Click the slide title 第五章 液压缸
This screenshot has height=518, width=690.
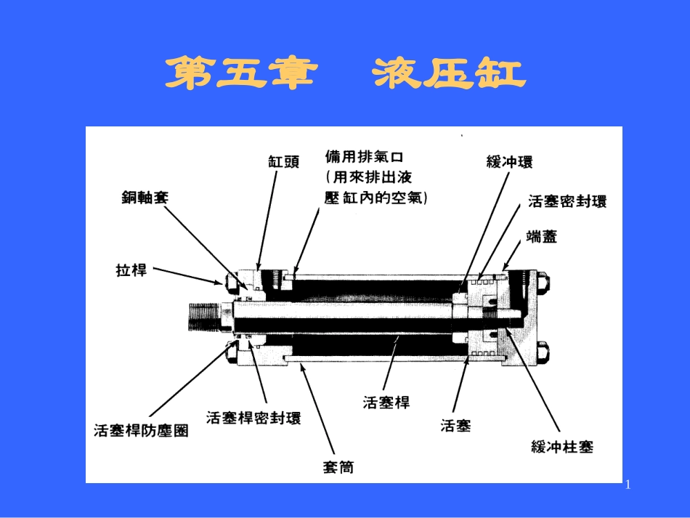coord(344,75)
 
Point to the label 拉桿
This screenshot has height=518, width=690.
coord(131,270)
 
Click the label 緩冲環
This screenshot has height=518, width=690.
coord(509,162)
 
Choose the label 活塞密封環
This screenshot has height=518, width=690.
coord(567,202)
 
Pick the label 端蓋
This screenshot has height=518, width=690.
coord(541,236)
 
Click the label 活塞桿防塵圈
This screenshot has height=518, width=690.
coord(141,430)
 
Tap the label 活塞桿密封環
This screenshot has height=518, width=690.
coord(253,418)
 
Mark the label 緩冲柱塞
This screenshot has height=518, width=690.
coord(562,447)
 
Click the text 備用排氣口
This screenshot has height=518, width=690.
coord(364,157)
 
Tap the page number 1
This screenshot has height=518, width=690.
coord(628,485)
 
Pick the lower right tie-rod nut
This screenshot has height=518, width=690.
coord(543,354)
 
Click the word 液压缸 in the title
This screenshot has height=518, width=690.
coord(450,75)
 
